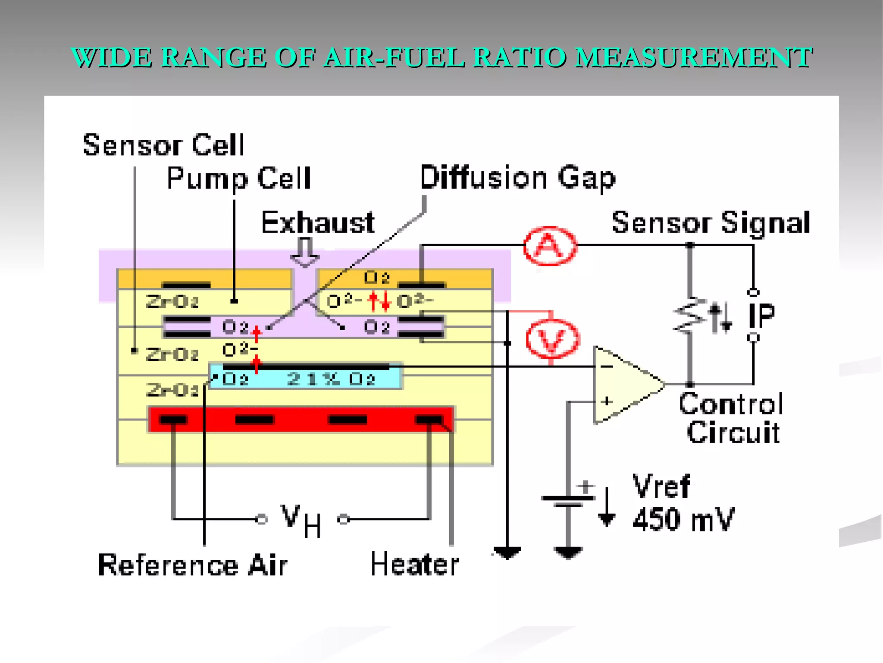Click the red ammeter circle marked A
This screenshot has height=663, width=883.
click(x=550, y=246)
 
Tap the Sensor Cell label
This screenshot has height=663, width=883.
click(x=163, y=145)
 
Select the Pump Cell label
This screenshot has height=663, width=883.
click(x=238, y=178)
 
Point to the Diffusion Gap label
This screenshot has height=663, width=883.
click(x=517, y=178)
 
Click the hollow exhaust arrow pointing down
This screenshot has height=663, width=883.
click(x=305, y=253)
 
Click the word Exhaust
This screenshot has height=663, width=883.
click(x=318, y=223)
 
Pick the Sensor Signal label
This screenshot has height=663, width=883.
click(x=711, y=223)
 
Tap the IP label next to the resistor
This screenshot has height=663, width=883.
click(x=761, y=316)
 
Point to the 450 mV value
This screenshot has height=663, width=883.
click(x=683, y=519)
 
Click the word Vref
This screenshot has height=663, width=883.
click(x=661, y=486)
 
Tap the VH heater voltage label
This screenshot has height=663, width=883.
click(x=301, y=520)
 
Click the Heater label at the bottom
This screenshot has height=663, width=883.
click(x=415, y=565)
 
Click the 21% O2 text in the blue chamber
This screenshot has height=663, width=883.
click(x=331, y=379)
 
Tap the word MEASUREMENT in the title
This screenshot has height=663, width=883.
click(x=694, y=57)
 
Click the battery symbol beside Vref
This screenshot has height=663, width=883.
click(x=568, y=501)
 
